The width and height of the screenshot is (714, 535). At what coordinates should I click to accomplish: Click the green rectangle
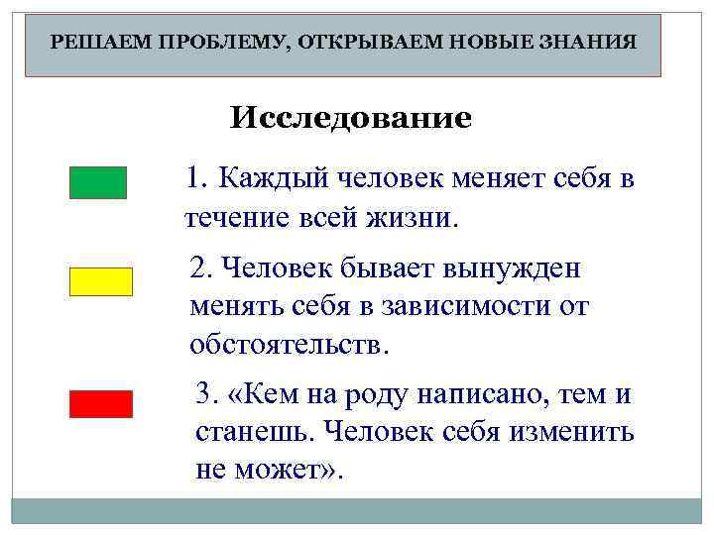98,182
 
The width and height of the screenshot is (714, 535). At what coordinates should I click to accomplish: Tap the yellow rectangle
100,281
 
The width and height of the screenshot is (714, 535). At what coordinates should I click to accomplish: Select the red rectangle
100,404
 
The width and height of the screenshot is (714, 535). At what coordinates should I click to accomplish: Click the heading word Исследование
351,120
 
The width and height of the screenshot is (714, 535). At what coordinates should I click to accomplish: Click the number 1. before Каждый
198,178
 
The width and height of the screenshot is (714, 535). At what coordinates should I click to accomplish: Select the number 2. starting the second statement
201,267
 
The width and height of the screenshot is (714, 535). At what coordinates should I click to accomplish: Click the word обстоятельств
290,345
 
